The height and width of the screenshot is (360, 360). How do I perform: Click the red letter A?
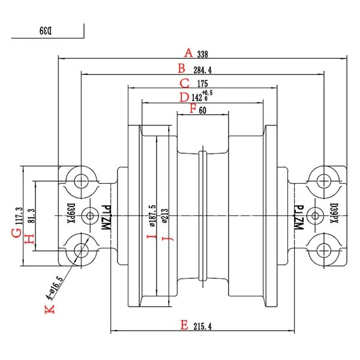click(188, 53)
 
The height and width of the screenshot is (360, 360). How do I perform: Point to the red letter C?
click(184, 83)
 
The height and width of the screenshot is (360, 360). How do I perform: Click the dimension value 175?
click(202, 85)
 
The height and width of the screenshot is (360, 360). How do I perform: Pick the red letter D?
click(184, 97)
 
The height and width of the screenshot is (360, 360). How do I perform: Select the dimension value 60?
click(203, 110)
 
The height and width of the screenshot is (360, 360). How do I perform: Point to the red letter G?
click(17, 233)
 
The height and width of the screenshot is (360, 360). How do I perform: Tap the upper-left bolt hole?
click(79, 179)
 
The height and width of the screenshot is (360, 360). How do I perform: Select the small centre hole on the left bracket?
click(92, 214)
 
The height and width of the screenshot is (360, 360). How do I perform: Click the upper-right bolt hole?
click(325, 179)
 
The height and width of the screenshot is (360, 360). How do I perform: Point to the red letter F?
click(193, 109)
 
